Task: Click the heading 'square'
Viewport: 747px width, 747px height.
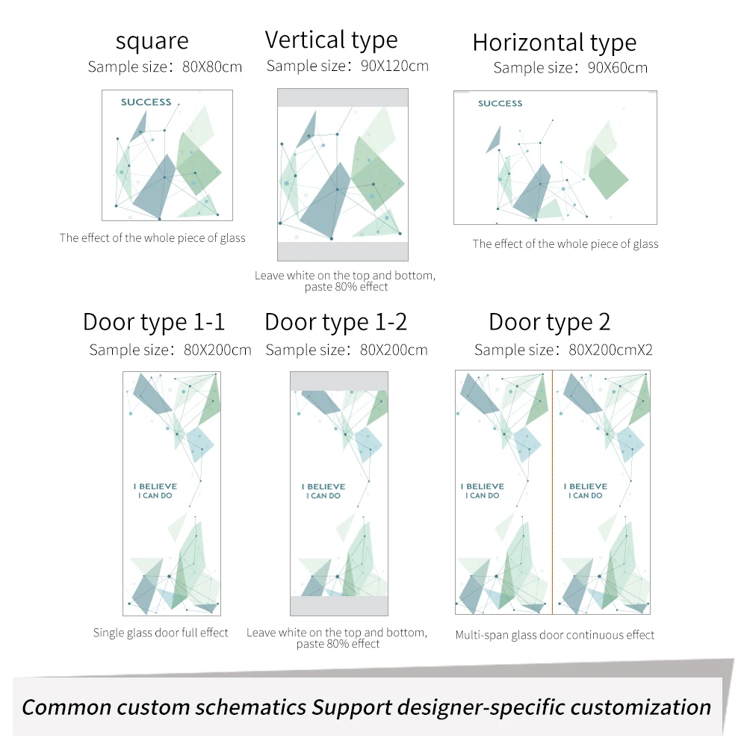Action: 152,41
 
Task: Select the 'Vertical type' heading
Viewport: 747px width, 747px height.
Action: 331,40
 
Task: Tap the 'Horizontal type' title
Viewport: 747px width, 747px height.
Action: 554,43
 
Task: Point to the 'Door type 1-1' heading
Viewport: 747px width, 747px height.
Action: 153,322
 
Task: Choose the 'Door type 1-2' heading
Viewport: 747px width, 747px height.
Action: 335,322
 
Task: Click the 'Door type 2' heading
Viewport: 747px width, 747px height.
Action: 549,322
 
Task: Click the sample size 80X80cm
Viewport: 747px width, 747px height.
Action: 212,66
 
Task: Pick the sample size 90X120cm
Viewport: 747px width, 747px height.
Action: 394,66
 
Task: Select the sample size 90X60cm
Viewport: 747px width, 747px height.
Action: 618,68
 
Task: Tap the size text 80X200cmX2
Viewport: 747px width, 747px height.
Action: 610,350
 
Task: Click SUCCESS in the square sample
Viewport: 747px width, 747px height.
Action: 146,102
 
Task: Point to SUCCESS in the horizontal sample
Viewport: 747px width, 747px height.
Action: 500,103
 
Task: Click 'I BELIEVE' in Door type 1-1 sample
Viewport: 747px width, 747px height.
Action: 155,486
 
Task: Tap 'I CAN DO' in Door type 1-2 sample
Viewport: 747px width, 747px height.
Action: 323,496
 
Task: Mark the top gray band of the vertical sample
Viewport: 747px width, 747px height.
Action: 343,98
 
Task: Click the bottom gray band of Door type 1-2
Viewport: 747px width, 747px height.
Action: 339,606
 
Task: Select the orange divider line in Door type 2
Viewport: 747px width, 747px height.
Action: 553,492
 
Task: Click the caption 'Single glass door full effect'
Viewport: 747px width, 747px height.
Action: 161,633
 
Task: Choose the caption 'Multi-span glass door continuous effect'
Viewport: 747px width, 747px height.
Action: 554,635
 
